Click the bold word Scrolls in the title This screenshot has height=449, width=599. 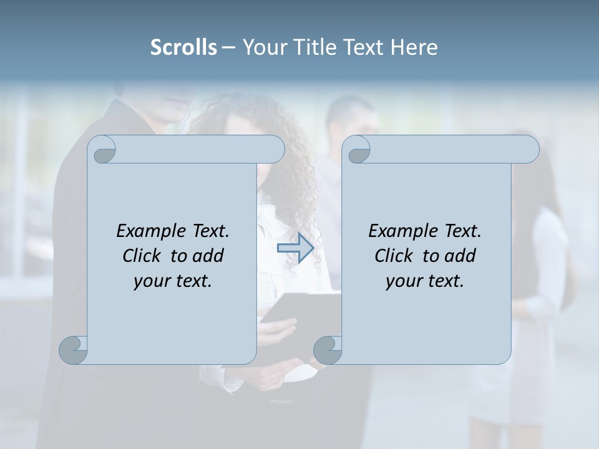[183, 47]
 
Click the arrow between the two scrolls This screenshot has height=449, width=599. [295, 248]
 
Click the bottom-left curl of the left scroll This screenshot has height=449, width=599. [73, 350]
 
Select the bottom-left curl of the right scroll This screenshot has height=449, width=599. [327, 350]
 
